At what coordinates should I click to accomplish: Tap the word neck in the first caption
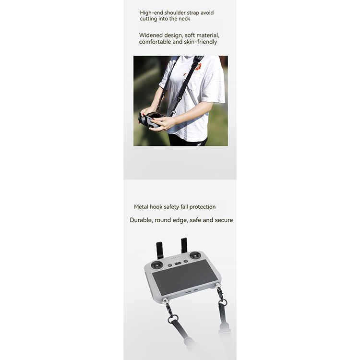[184, 19]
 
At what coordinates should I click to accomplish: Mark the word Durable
[141, 220]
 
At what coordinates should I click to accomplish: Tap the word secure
[224, 220]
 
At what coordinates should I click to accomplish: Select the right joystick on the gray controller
[195, 255]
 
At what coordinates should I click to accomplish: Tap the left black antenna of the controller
[160, 251]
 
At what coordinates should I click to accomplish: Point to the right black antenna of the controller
[184, 245]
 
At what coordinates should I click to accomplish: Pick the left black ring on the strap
[173, 319]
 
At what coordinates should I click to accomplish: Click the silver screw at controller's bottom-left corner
[165, 301]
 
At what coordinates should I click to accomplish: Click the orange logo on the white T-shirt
[198, 67]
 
